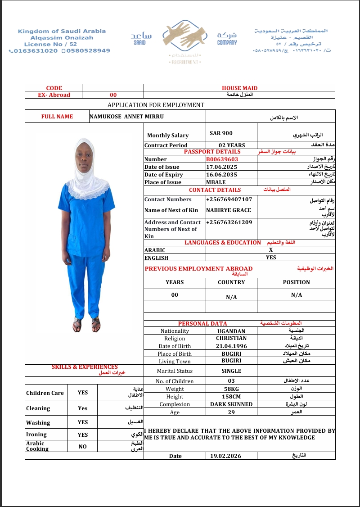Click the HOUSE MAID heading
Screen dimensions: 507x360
pos(239,88)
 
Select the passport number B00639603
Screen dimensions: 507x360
pos(222,159)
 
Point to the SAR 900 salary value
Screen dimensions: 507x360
pos(221,133)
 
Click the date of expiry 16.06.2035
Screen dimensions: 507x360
pos(221,175)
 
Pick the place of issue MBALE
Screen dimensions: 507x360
pos(216,182)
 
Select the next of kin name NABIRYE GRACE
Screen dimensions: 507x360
pos(229,210)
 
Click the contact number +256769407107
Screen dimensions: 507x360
pos(229,199)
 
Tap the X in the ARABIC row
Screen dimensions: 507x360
pos(271,250)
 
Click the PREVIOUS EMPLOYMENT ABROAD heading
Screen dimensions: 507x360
pos(198,269)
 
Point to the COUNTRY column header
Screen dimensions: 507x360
pos(231,282)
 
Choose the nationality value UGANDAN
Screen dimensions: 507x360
pos(231,331)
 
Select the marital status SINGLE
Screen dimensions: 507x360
pos(231,371)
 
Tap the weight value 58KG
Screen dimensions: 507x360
pos(231,389)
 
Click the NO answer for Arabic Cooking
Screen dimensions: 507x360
pos(83,447)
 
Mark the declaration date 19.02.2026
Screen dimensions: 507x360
pos(226,456)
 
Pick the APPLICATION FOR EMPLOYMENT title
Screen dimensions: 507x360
pos(156,105)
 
